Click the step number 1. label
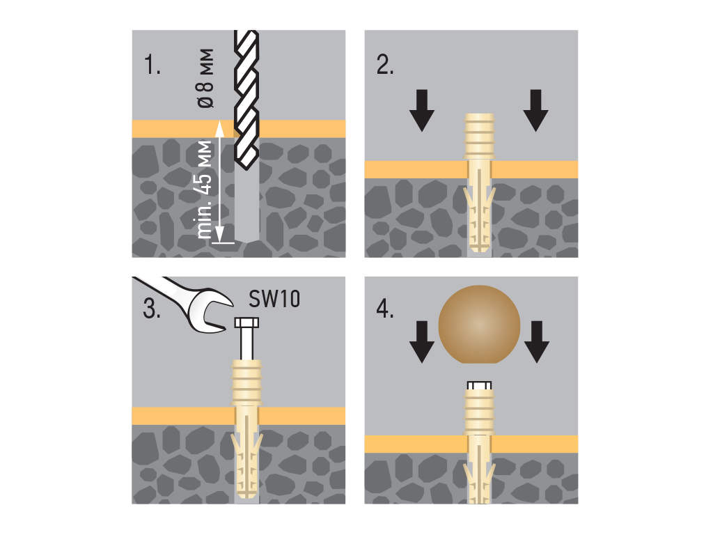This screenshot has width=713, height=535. pos(152,66)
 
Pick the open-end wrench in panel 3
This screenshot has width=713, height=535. pos(188,300)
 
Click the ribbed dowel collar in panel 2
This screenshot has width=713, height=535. pos(478,137)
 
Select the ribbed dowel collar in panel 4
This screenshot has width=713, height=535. pos(478,411)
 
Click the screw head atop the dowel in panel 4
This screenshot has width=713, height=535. pos(478,385)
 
